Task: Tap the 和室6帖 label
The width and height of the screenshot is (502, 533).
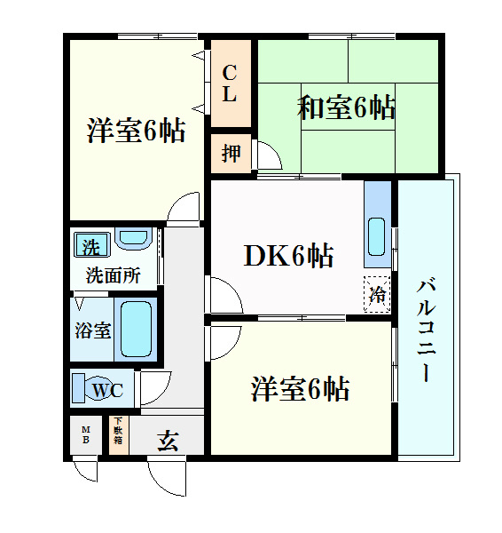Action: tap(346, 108)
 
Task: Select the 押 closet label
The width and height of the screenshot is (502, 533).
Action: tap(231, 153)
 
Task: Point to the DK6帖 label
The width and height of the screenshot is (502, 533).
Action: tap(289, 256)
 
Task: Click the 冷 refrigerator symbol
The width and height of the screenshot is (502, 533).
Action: tap(377, 292)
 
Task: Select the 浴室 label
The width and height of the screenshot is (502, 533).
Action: tap(91, 330)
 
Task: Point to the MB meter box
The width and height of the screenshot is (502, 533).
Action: tap(86, 435)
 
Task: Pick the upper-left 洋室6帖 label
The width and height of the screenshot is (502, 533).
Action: tap(136, 131)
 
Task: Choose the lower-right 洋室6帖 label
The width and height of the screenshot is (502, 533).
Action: tap(300, 388)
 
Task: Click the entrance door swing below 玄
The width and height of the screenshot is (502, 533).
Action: tap(169, 478)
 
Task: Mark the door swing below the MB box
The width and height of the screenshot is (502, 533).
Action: tap(86, 470)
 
